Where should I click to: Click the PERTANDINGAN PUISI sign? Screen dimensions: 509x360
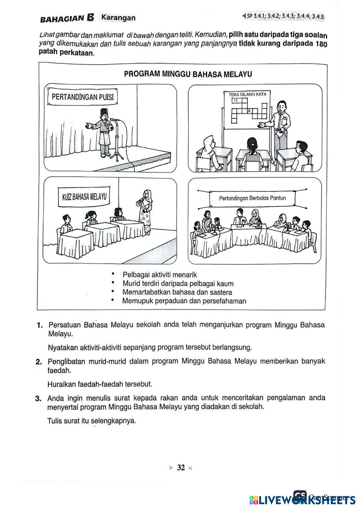(x=82, y=97)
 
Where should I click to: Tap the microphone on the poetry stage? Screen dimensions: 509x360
(x=114, y=120)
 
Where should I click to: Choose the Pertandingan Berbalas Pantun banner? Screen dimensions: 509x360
(x=252, y=198)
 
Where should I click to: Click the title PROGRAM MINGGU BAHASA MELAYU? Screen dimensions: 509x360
(x=188, y=74)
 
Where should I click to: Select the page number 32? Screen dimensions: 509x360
(x=181, y=467)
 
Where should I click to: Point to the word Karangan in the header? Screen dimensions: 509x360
(x=118, y=17)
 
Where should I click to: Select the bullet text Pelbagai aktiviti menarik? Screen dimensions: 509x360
(x=159, y=275)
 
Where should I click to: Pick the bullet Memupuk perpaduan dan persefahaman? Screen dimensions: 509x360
(x=184, y=301)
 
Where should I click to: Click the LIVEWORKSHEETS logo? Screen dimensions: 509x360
(x=302, y=499)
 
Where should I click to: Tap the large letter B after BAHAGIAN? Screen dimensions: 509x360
(x=90, y=17)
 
